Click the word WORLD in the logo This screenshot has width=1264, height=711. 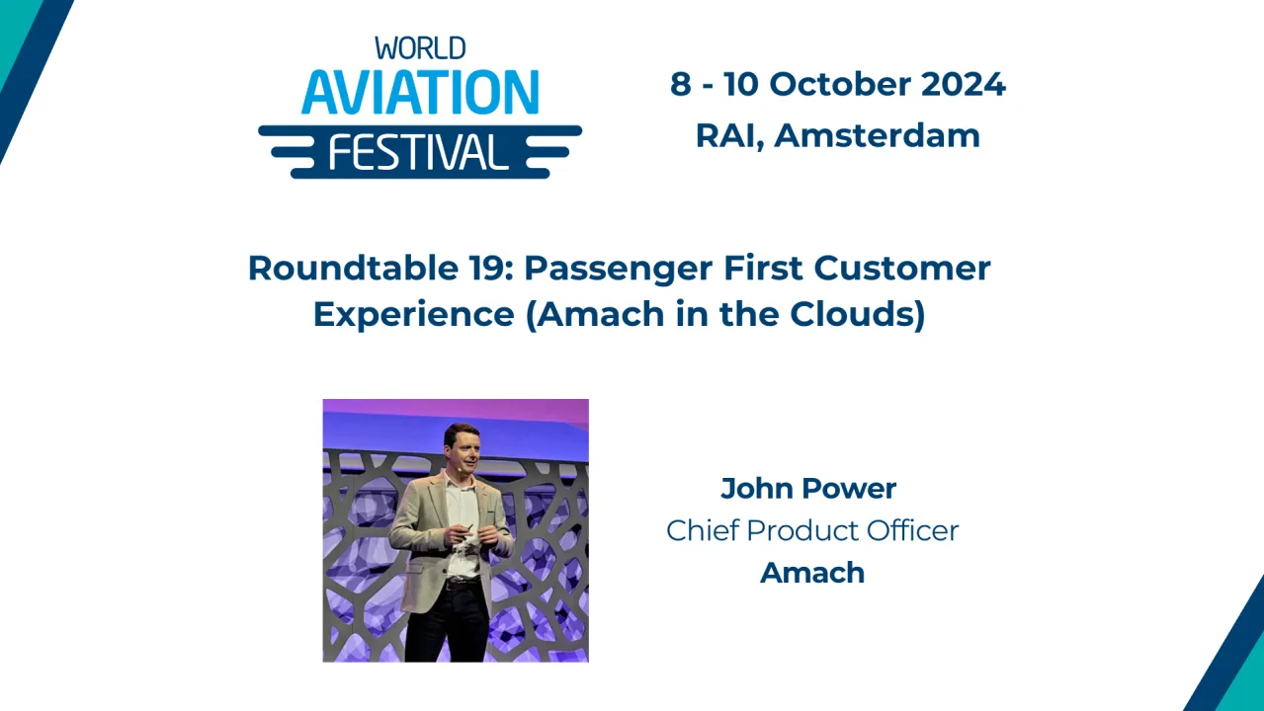click(420, 47)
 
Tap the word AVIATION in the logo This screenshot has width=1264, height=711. click(420, 93)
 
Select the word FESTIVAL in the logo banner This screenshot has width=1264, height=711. click(418, 152)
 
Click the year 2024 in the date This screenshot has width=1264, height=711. click(964, 85)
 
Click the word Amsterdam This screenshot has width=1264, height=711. click(877, 135)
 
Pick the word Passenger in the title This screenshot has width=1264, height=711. click(619, 269)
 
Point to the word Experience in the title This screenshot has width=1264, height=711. click(413, 315)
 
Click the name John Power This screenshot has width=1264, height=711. click(807, 488)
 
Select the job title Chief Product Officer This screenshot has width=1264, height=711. click(812, 530)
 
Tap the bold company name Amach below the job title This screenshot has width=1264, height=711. click(812, 573)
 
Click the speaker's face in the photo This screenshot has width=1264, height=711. click(461, 449)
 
